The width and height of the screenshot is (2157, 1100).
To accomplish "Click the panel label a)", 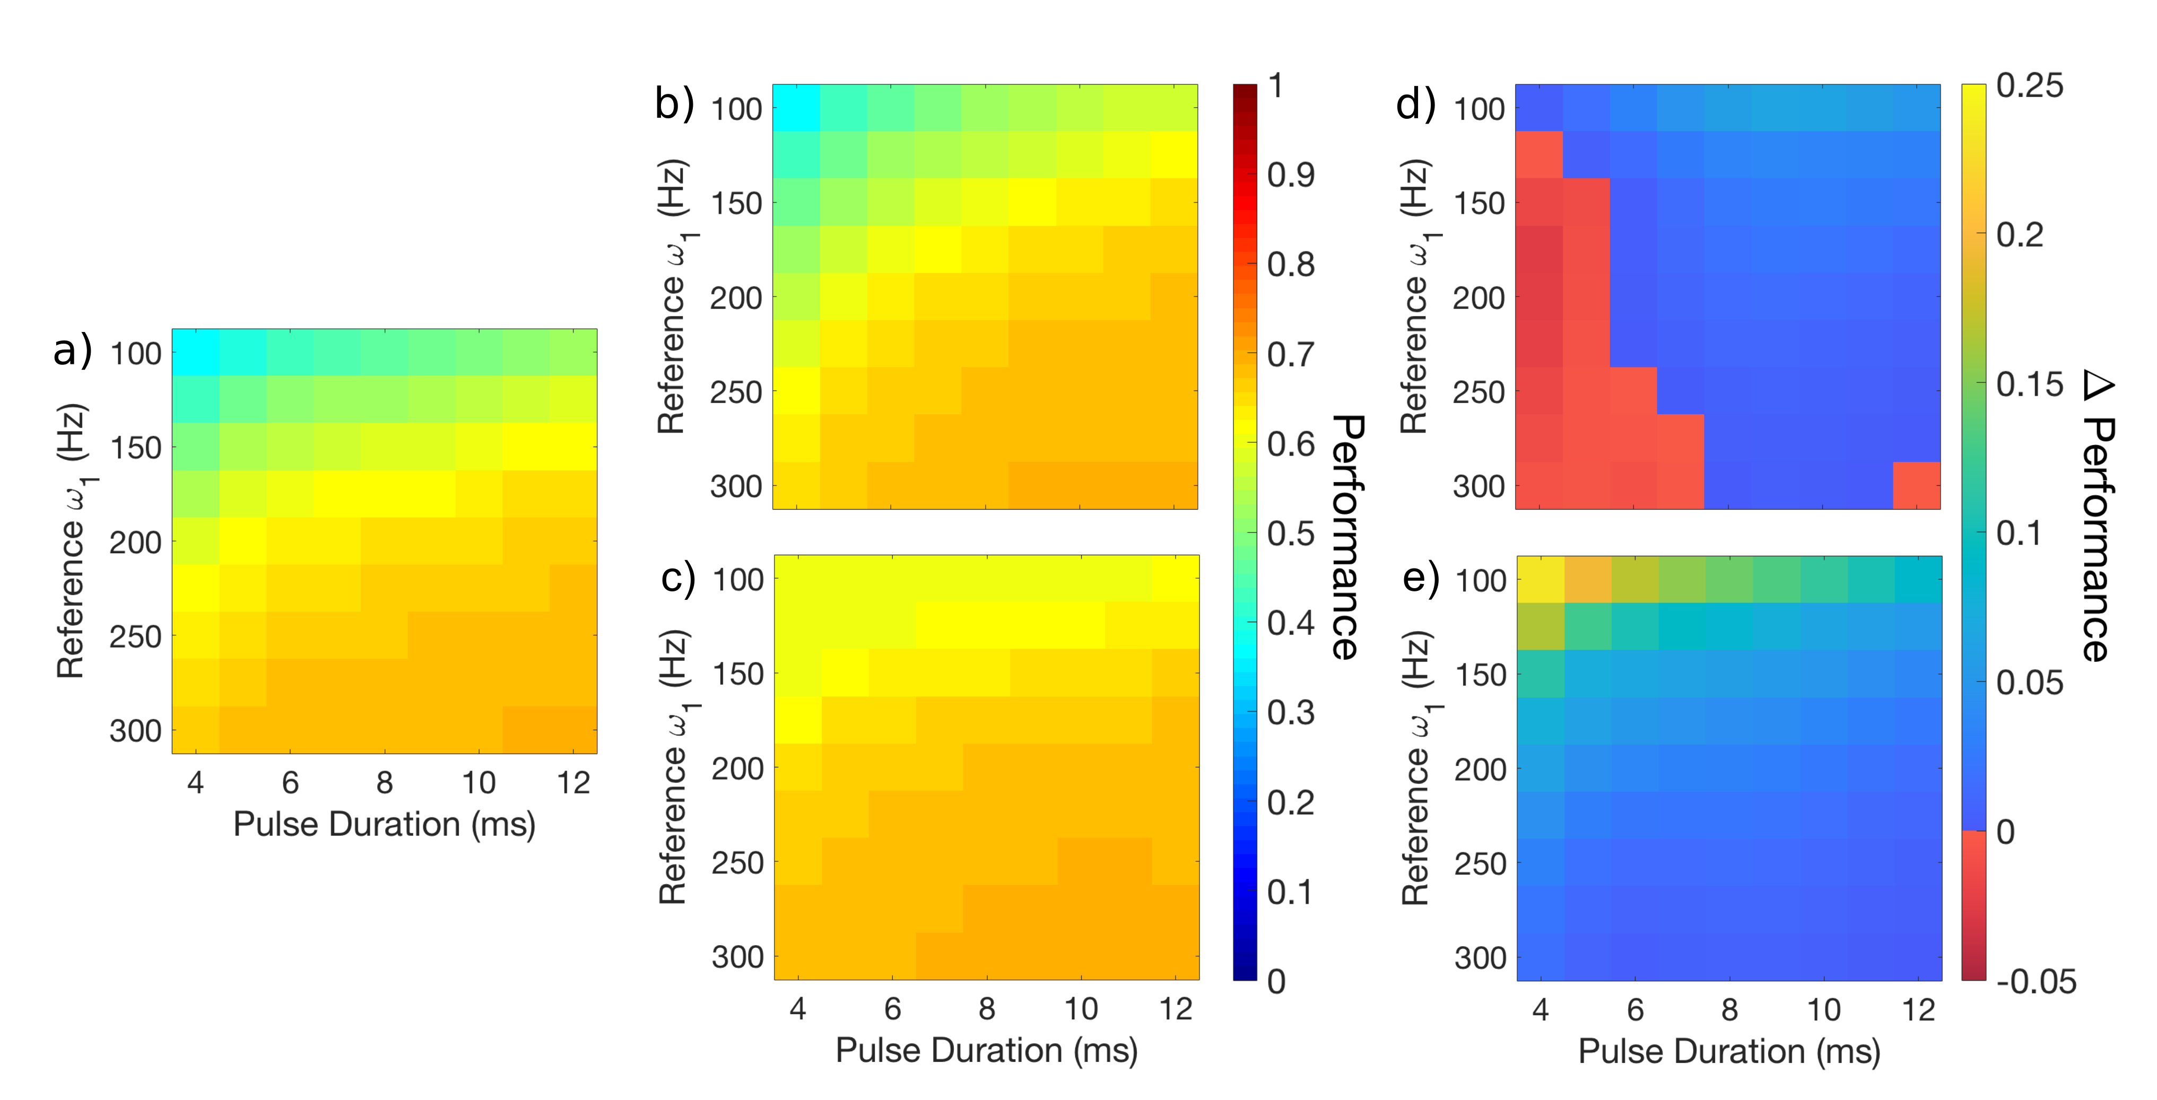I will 72,351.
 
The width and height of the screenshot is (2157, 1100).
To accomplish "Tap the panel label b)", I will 674,104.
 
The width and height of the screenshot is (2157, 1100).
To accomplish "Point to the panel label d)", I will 1416,104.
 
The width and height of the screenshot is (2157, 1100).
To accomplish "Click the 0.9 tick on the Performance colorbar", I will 1290,175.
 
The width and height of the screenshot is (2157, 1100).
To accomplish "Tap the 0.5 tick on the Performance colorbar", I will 1290,533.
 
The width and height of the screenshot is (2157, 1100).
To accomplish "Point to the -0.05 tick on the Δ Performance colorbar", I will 2036,981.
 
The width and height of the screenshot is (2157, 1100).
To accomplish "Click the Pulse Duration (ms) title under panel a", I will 384,825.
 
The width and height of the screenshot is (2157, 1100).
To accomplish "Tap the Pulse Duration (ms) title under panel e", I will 1728,1051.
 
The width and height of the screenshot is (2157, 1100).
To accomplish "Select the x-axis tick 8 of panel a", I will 384,783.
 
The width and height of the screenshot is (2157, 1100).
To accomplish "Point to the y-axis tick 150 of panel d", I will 1478,204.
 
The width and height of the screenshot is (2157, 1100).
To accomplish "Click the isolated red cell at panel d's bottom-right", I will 1917,485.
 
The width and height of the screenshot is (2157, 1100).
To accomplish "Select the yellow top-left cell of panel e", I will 1541,579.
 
